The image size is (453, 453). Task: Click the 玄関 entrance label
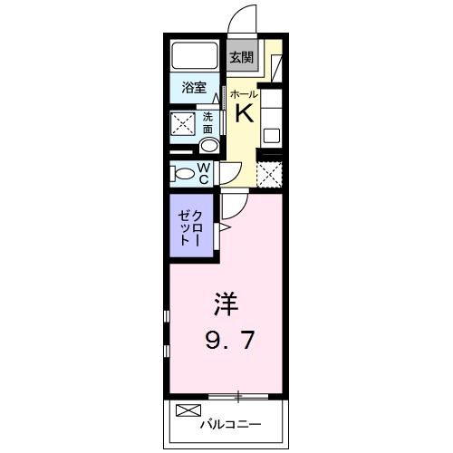240,57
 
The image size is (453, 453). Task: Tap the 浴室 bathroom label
193,89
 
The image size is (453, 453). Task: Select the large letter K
244,113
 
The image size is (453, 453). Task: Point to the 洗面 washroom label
207,122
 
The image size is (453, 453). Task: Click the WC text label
205,173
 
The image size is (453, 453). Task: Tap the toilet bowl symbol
181,174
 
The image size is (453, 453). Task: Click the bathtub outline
194,56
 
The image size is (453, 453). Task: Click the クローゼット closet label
190,225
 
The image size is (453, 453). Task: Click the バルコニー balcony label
231,423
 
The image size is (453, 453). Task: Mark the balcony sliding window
237,396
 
